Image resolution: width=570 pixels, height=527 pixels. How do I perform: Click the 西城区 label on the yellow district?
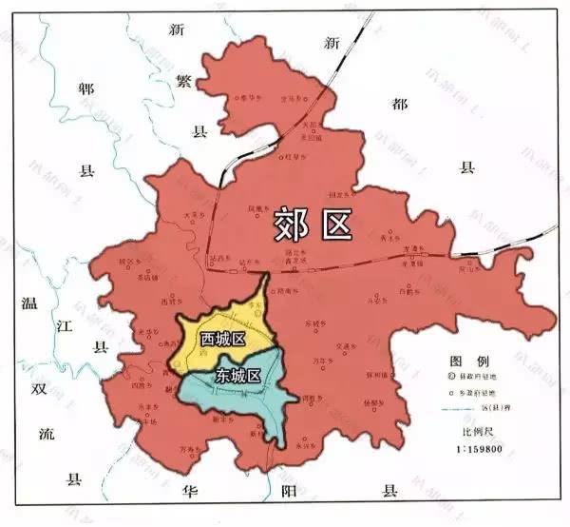[x=222, y=339]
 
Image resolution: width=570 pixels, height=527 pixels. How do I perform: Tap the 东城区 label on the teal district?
[x=237, y=374]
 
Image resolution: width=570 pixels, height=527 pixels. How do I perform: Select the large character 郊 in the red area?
[x=294, y=224]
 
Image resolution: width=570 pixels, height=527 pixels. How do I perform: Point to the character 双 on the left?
[x=38, y=389]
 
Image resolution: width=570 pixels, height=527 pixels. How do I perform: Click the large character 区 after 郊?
[x=336, y=224]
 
